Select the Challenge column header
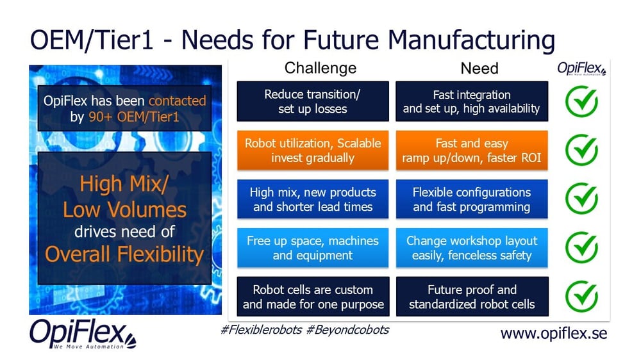320,68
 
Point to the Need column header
479,69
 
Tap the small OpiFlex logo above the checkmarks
581,69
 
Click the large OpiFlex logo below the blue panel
83,334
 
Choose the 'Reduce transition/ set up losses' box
313,101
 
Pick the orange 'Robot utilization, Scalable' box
313,151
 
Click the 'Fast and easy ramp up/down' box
472,151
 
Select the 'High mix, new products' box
313,199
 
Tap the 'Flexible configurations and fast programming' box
472,199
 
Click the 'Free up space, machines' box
313,248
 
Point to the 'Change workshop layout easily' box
472,248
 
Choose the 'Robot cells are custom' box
313,297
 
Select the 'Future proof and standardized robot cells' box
472,297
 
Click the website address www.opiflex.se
554,334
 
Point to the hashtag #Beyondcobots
347,330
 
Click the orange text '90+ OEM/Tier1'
134,117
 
